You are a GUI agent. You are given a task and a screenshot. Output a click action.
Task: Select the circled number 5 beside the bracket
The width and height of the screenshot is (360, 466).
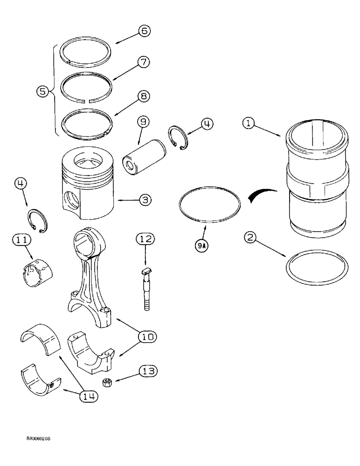(43, 92)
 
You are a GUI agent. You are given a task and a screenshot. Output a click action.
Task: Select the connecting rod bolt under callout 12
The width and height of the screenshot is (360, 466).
(146, 291)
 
